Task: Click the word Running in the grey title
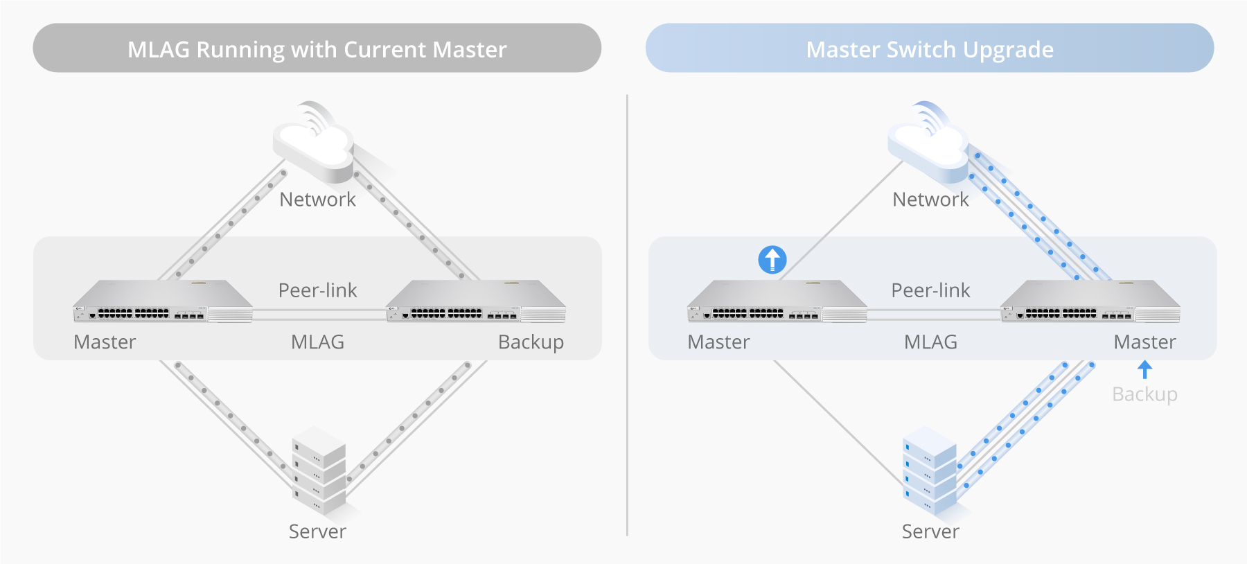pos(240,50)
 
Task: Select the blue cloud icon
pos(928,141)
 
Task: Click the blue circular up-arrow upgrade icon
pos(772,260)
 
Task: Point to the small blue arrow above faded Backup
pos(1144,369)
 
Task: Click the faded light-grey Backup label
pos(1144,394)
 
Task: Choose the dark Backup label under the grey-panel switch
pos(531,342)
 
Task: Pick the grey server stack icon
pos(319,471)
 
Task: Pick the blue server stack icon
pos(930,471)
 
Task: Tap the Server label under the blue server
pos(930,531)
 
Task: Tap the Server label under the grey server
pos(317,531)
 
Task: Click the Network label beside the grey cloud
pos(317,200)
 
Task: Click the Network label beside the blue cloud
pos(930,200)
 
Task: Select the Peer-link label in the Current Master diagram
pos(317,290)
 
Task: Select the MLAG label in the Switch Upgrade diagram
pos(930,342)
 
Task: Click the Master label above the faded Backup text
pos(1144,342)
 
